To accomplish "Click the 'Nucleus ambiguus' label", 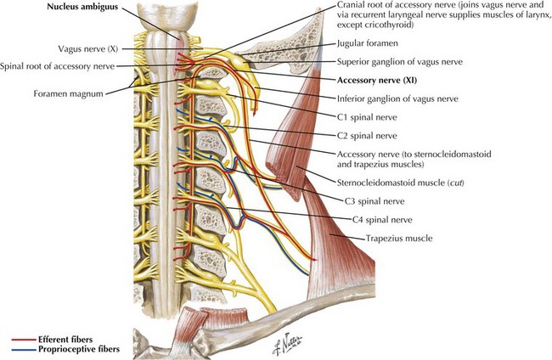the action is pyautogui.click(x=82, y=7).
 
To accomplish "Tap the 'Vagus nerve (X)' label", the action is pyautogui.click(x=88, y=49).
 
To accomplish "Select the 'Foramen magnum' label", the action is pyautogui.click(x=69, y=94).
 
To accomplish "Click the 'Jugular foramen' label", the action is pyautogui.click(x=368, y=43).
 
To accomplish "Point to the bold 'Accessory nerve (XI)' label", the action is pyautogui.click(x=377, y=80).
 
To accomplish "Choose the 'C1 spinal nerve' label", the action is pyautogui.click(x=367, y=117).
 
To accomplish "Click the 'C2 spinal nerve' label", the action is pyautogui.click(x=367, y=136).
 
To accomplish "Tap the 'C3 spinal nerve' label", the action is pyautogui.click(x=375, y=201).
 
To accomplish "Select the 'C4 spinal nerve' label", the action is pyautogui.click(x=382, y=220).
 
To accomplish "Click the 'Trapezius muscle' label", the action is pyautogui.click(x=399, y=239).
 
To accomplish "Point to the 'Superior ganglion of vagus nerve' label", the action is pyautogui.click(x=400, y=62).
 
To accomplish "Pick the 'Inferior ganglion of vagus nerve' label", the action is pyautogui.click(x=397, y=98).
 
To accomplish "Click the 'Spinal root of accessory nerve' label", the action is pyautogui.click(x=58, y=66).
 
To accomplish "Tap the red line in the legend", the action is pyautogui.click(x=24, y=340).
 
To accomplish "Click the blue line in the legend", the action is pyautogui.click(x=24, y=350).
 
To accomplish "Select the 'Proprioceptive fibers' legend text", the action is pyautogui.click(x=79, y=350).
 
